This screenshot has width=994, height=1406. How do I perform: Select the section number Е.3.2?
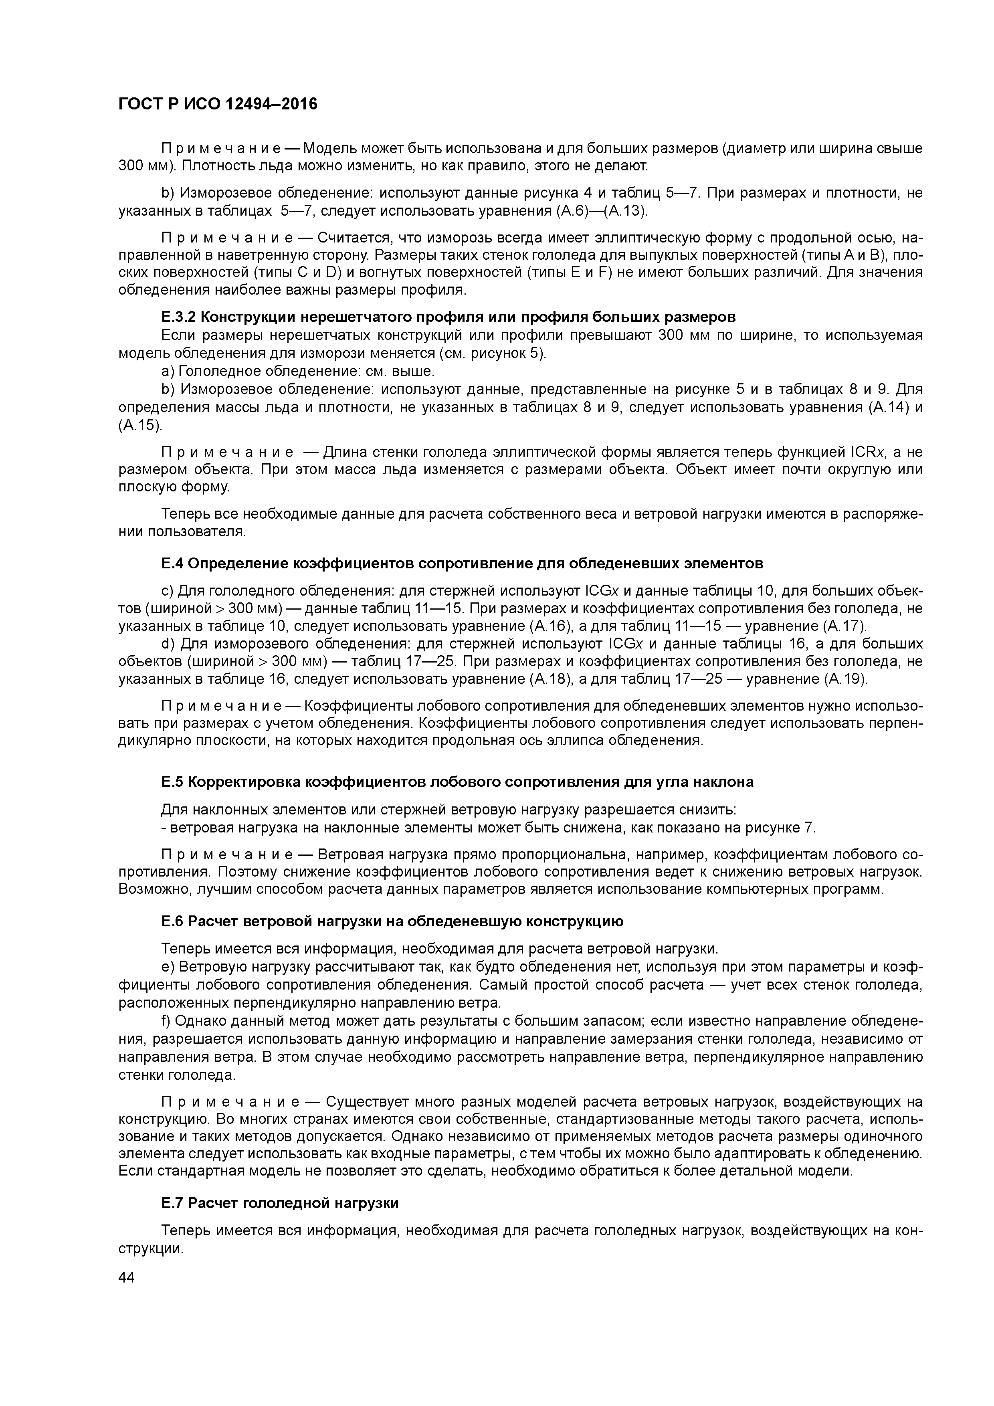tap(179, 317)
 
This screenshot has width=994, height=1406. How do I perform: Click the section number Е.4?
tap(172, 563)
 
